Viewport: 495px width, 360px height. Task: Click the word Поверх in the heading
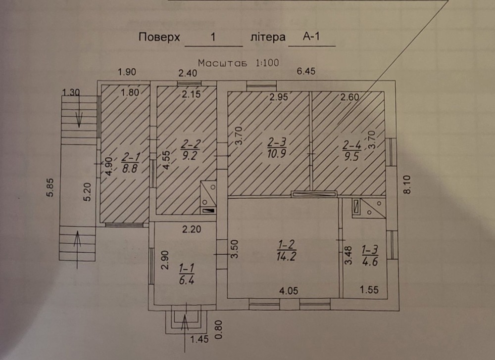(x=159, y=37)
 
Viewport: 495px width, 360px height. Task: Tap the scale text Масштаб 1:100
(x=239, y=63)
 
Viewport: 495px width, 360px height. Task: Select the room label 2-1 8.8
(x=130, y=162)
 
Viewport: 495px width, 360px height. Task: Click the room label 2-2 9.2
(x=191, y=149)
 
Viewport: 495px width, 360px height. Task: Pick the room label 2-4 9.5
(x=351, y=151)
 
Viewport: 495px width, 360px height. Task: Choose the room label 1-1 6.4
(x=187, y=274)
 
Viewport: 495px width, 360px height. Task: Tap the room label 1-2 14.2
(x=286, y=250)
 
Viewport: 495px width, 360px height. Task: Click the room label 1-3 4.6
(x=370, y=256)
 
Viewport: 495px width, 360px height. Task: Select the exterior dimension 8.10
(x=407, y=184)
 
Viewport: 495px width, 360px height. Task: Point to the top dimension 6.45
(x=306, y=71)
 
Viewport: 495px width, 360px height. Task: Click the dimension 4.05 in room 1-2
(x=289, y=290)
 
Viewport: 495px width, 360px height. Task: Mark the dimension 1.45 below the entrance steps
(x=199, y=339)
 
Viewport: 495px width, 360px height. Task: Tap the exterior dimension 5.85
(x=50, y=188)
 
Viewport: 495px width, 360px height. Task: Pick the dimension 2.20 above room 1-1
(x=192, y=229)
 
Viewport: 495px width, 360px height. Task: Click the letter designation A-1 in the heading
(x=311, y=37)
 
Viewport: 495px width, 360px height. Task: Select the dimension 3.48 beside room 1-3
(x=348, y=255)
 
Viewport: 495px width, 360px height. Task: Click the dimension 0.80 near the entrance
(x=219, y=330)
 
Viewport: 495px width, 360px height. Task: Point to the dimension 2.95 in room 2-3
(x=279, y=97)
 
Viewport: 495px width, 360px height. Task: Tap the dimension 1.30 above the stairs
(x=71, y=92)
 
